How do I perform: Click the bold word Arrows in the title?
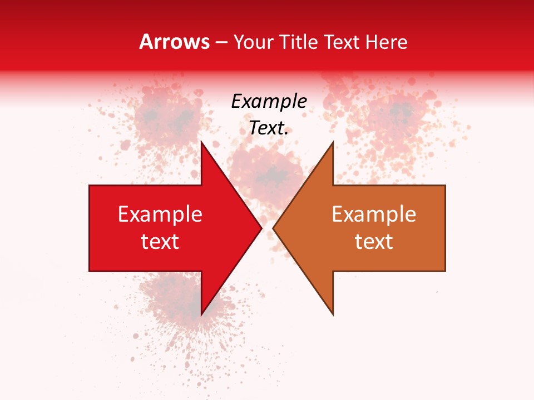click(174, 42)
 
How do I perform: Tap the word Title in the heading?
click(299, 42)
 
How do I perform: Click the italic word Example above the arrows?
click(269, 102)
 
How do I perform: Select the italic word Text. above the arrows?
click(269, 128)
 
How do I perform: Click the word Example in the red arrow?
click(160, 214)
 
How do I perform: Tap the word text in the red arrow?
click(160, 242)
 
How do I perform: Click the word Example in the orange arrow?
click(374, 214)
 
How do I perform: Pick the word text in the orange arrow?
click(374, 242)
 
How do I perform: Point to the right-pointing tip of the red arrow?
click(261, 228)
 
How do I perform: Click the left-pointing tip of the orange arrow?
click(273, 228)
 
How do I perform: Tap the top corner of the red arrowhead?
click(201, 141)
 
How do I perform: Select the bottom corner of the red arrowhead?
click(201, 315)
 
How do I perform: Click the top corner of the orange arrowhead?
click(333, 141)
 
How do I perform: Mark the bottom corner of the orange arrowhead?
click(333, 315)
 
